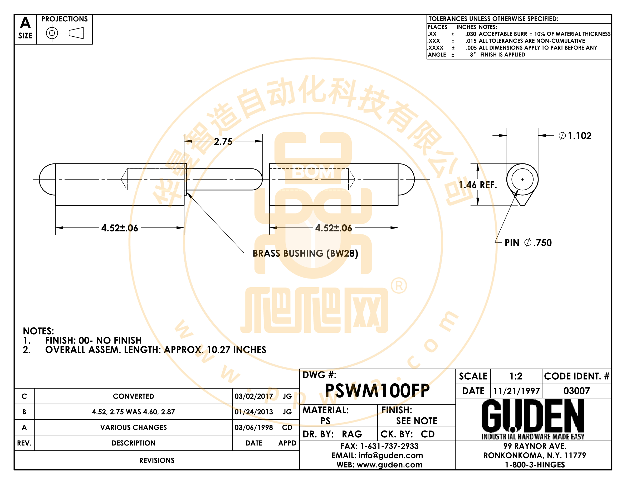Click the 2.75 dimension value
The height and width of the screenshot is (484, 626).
[223, 141]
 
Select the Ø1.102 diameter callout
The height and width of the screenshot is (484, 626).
[575, 135]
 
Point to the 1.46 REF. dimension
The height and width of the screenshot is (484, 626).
[477, 185]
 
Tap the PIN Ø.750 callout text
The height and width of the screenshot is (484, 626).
[528, 243]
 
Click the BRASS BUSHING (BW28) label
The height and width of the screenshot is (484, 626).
[305, 254]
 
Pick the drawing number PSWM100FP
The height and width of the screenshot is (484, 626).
[377, 390]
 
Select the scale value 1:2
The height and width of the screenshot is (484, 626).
[516, 376]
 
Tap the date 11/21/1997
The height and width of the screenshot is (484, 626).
[516, 391]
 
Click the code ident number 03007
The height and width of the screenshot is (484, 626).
[577, 391]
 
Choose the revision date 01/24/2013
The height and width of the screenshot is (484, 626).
[254, 412]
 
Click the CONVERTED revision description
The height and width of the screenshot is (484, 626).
[133, 396]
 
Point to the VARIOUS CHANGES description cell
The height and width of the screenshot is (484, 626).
[133, 427]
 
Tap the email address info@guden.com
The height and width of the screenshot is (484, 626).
[391, 455]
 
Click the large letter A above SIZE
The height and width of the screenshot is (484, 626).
[25, 22]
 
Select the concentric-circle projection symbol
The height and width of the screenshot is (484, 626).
[52, 33]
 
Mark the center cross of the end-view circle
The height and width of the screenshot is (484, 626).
[522, 179]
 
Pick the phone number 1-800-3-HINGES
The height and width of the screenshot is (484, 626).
[535, 465]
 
